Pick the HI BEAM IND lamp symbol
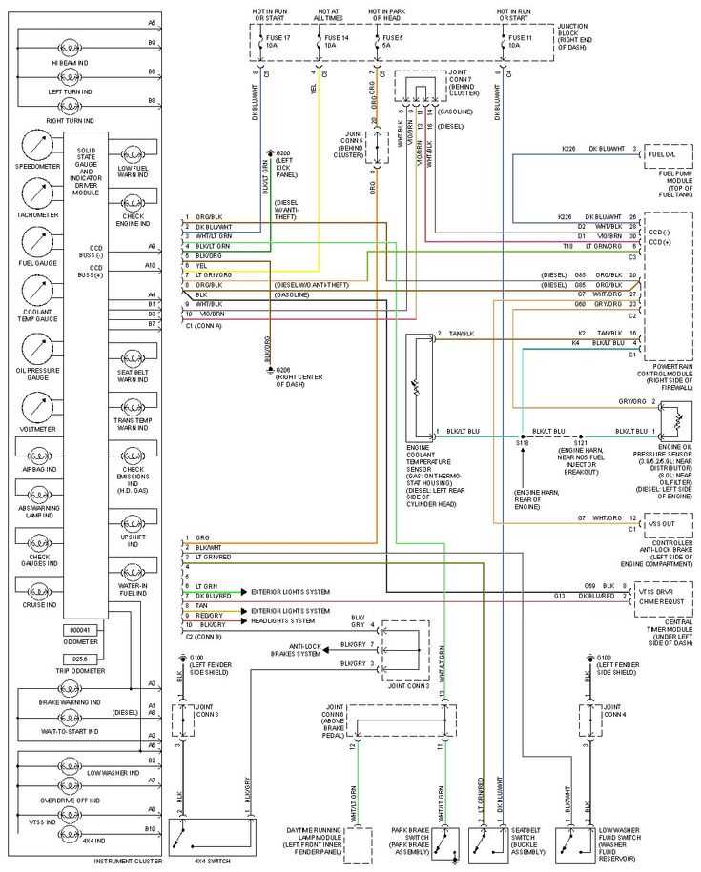coord(72,47)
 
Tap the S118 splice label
coord(523,443)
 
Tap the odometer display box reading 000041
coord(80,630)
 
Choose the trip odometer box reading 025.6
coord(80,658)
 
